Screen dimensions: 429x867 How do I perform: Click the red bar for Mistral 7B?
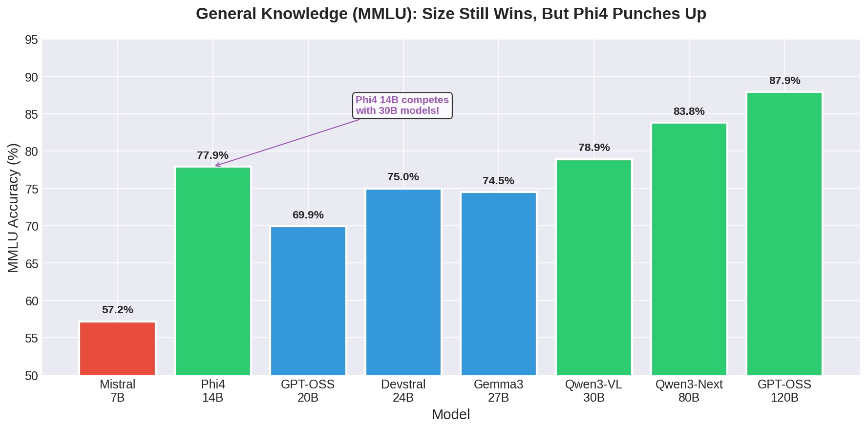coord(117,348)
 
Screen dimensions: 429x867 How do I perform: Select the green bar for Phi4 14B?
coord(212,271)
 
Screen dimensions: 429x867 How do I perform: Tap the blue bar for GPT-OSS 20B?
coord(308,301)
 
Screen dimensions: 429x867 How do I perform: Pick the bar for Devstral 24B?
coord(403,282)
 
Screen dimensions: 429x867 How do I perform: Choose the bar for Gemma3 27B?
coord(498,284)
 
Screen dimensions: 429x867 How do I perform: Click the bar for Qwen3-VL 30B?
coord(593,267)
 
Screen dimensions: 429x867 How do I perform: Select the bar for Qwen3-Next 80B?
coord(689,249)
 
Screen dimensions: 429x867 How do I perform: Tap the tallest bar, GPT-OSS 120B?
coord(784,234)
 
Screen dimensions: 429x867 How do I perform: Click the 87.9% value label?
coord(784,81)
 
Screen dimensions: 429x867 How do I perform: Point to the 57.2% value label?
coord(117,310)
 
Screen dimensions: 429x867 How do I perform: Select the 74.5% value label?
coord(498,181)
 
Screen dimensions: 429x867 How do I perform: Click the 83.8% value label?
coord(689,112)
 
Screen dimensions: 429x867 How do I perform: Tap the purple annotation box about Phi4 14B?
coord(402,106)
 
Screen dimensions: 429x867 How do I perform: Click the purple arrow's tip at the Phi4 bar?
coord(216,166)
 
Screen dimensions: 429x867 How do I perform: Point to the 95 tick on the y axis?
coord(31,40)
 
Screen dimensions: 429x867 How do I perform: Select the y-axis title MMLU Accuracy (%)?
coord(13,208)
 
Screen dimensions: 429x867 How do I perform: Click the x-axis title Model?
coord(450,415)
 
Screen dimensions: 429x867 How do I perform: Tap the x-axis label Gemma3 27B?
coord(498,391)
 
